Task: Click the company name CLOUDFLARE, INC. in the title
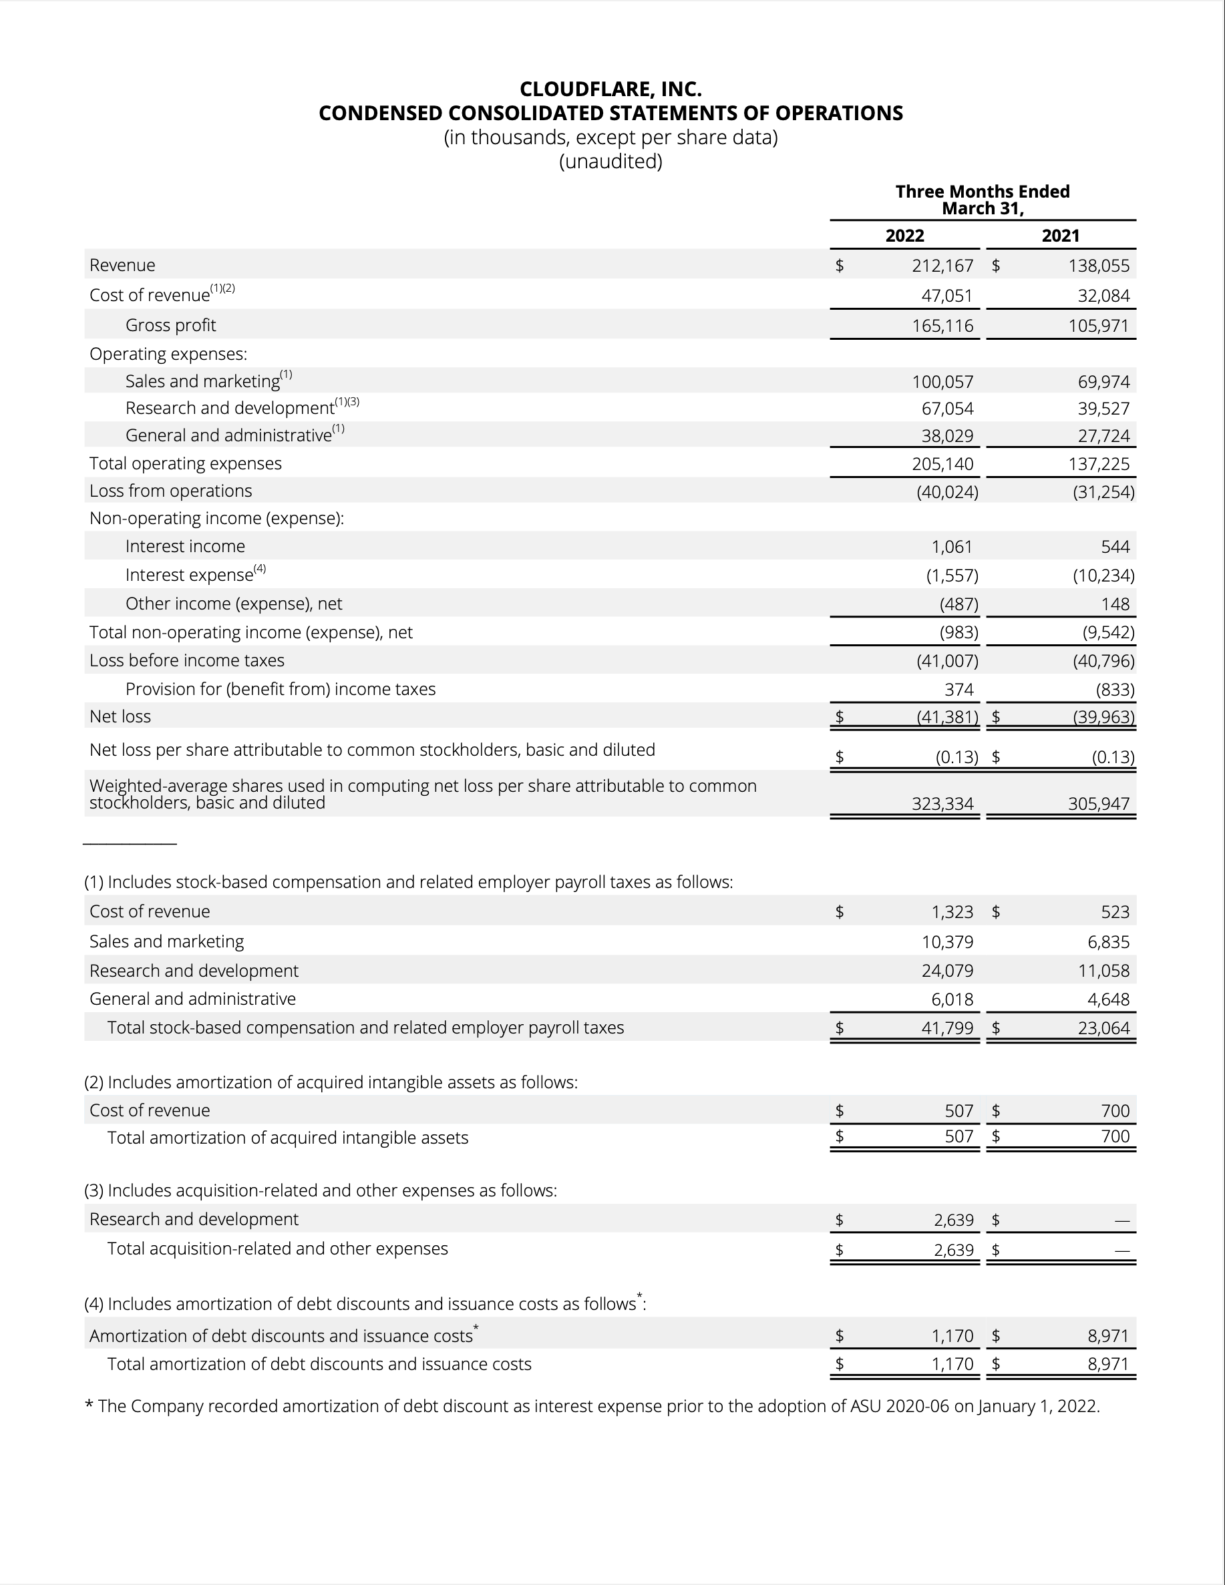click(610, 89)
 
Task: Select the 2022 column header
click(905, 236)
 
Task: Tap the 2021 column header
click(1060, 236)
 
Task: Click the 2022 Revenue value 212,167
click(942, 266)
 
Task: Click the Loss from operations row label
click(170, 491)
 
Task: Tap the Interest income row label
click(185, 547)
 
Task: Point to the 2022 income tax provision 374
click(958, 690)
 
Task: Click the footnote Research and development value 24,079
click(947, 971)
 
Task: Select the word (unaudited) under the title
click(610, 161)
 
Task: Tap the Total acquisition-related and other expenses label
click(277, 1249)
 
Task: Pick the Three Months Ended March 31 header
click(983, 200)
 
